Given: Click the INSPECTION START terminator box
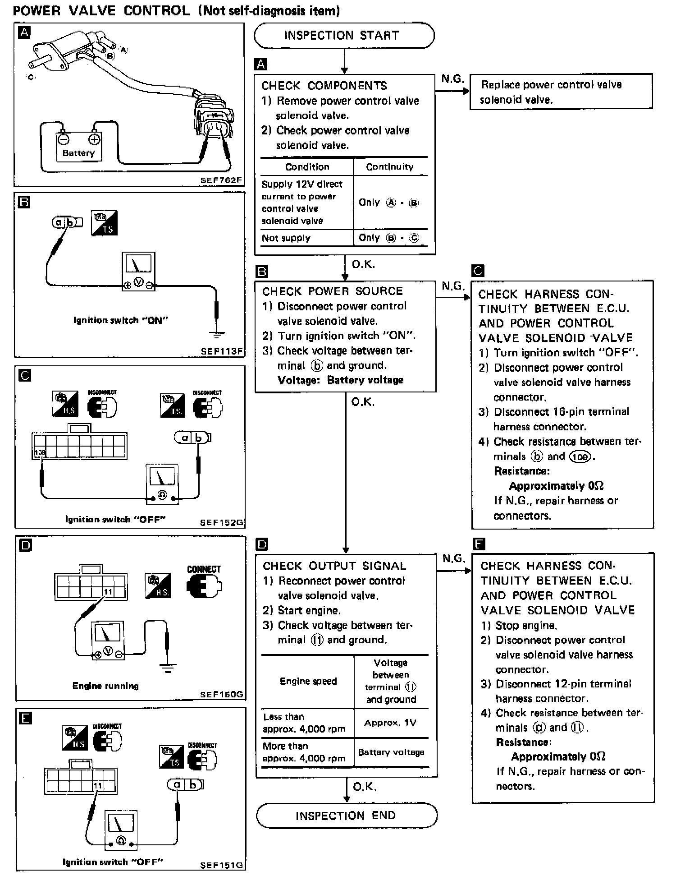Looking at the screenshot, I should point(344,36).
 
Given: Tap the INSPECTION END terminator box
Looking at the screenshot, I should point(346,816).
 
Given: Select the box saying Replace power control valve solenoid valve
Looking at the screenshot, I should point(561,92).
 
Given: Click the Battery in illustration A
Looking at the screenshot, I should point(79,147).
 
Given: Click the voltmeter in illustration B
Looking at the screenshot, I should point(138,271).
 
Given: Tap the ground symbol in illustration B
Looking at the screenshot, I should point(217,334).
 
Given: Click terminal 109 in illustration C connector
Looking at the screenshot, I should point(40,452).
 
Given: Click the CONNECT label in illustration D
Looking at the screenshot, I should point(204,569).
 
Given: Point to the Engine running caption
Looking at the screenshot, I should point(105,686).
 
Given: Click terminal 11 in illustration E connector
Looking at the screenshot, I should point(98,786).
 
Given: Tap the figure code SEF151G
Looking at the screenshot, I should point(221,865).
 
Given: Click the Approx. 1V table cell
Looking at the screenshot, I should point(390,723).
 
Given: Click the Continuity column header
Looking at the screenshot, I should point(389,167).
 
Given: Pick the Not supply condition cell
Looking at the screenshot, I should point(286,238).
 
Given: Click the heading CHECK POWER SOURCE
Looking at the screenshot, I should point(333,291).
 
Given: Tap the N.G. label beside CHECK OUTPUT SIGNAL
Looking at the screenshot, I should point(453,559).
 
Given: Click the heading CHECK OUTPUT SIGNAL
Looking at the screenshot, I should point(334,566).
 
